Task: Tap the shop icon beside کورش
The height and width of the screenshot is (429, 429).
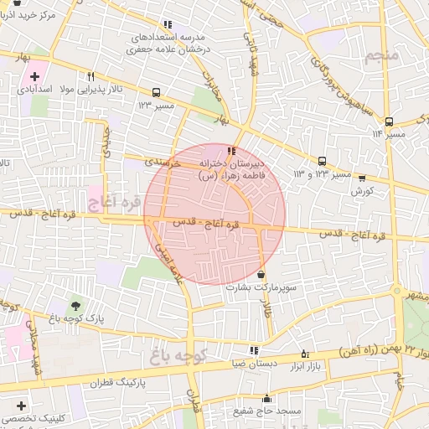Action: [x=361, y=178]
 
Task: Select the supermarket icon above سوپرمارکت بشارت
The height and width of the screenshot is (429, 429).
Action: [x=261, y=274]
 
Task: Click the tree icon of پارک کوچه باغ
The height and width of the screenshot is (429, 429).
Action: [x=77, y=305]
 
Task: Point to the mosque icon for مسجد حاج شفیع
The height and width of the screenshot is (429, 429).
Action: [x=243, y=399]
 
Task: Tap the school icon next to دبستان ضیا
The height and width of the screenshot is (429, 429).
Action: [x=253, y=350]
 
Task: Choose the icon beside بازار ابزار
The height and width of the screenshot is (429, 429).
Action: [x=303, y=354]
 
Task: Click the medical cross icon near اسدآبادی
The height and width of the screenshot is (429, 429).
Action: [x=34, y=75]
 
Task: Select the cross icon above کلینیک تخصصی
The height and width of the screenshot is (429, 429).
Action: [x=21, y=406]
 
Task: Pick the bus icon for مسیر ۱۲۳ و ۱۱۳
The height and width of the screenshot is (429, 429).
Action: [x=322, y=161]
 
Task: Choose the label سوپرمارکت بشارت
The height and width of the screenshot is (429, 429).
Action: [x=259, y=287]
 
